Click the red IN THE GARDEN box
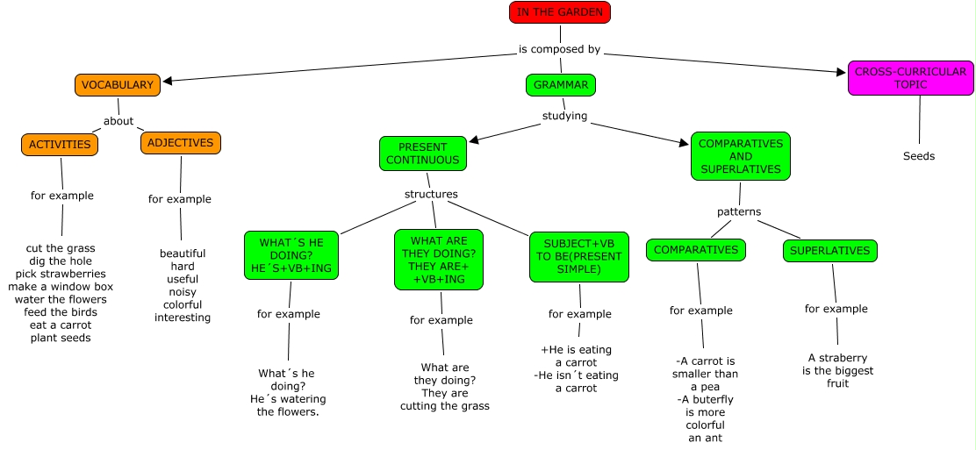tap(559, 12)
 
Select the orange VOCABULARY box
tap(118, 85)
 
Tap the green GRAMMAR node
tap(561, 85)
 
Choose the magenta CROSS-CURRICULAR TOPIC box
tap(909, 78)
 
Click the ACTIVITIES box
tap(60, 145)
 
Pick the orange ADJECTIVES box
tap(180, 143)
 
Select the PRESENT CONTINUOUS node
tap(422, 154)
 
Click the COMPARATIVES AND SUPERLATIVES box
tap(740, 156)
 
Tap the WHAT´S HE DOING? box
tap(291, 255)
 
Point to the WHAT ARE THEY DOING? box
tap(438, 260)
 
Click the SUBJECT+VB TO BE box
tap(578, 257)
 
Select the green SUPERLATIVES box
tap(829, 251)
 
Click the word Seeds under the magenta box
tap(919, 156)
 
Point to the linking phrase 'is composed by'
tap(559, 49)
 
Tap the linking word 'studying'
tap(564, 116)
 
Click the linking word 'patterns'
tap(738, 211)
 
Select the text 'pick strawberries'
tap(61, 274)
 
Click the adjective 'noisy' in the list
tap(183, 292)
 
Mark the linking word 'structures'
tap(430, 194)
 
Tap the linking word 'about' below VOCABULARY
tap(118, 121)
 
